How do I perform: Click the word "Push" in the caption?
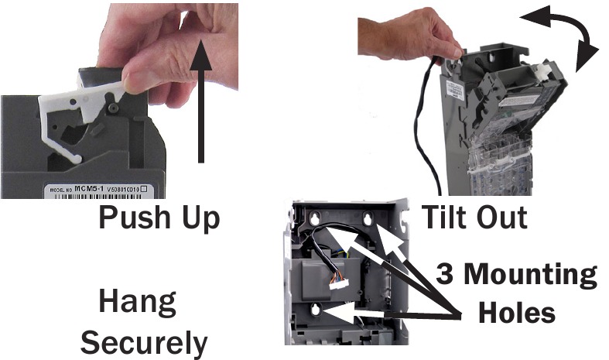pos(135,219)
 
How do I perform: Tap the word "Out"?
pos(503,218)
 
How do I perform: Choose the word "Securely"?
pos(144,341)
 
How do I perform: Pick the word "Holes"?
pos(517,314)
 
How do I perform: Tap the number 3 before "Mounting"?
pos(446,275)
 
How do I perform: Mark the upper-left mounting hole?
pos(316,221)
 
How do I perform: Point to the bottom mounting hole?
pos(316,311)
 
